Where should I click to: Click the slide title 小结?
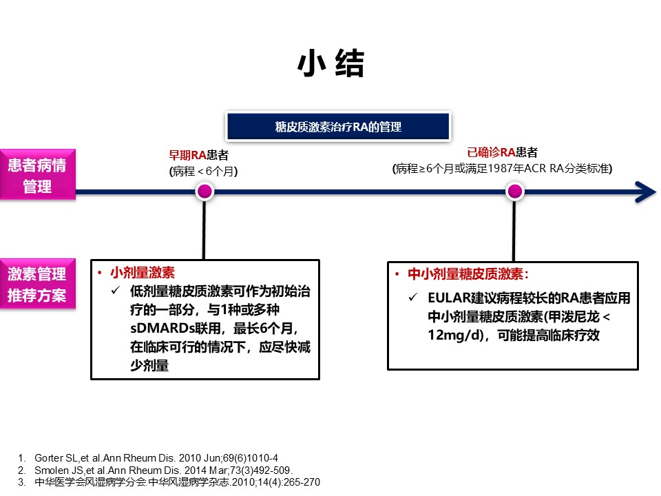pyautogui.click(x=331, y=63)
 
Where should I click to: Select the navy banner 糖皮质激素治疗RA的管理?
pyautogui.click(x=339, y=126)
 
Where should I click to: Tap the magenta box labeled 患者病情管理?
pyautogui.click(x=37, y=174)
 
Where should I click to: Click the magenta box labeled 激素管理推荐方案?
pyautogui.click(x=37, y=284)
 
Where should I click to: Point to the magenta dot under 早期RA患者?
pyautogui.click(x=205, y=192)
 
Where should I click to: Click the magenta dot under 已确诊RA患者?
pyautogui.click(x=515, y=192)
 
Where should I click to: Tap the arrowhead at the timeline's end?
pyautogui.click(x=646, y=192)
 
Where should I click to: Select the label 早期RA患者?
pyautogui.click(x=198, y=155)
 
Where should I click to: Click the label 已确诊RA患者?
pyautogui.click(x=503, y=152)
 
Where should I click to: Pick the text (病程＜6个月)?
pyautogui.click(x=204, y=172)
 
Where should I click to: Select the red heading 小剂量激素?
pyautogui.click(x=143, y=273)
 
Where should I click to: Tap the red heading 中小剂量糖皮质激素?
pyautogui.click(x=465, y=274)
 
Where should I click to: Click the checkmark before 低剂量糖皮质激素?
pyautogui.click(x=116, y=290)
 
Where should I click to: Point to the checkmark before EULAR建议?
pyautogui.click(x=413, y=297)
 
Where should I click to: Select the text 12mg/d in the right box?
pyautogui.click(x=455, y=335)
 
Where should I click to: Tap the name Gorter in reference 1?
pyautogui.click(x=49, y=458)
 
